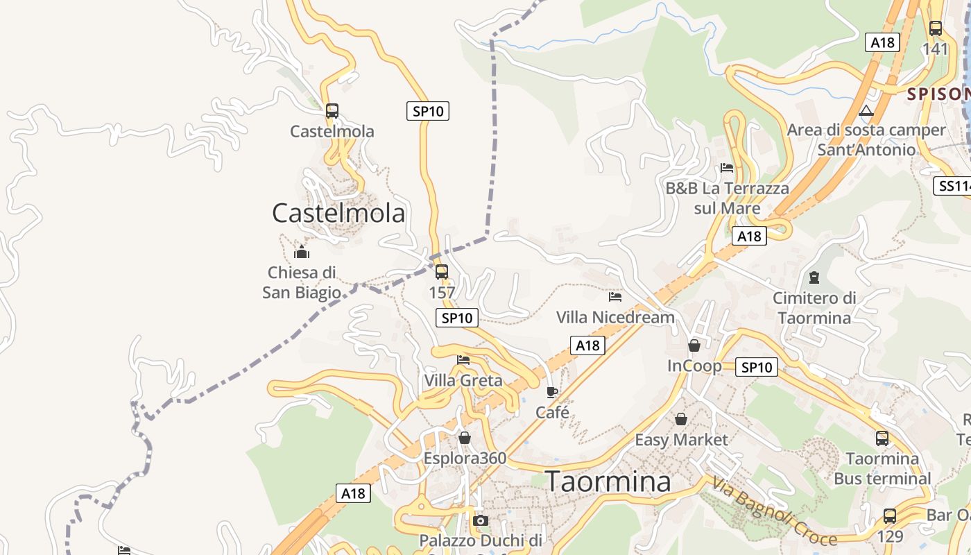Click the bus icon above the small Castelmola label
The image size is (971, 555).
point(332,110)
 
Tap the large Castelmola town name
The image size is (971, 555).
point(338,213)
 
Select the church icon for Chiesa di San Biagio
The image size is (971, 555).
point(302,251)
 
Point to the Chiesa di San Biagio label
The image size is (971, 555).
point(302,282)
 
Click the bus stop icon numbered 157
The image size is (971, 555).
point(442,271)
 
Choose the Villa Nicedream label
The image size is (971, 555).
point(615,317)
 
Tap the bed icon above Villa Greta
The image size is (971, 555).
point(463,360)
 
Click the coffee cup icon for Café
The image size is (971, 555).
point(552,392)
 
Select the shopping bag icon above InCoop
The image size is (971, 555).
point(694,345)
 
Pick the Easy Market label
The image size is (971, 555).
point(682,440)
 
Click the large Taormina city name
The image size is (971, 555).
point(608,481)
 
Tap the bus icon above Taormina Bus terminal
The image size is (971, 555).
point(882,438)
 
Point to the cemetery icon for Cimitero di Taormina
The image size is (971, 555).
point(814,277)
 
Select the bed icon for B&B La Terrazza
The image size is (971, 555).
point(727,168)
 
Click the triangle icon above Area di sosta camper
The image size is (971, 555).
point(866,110)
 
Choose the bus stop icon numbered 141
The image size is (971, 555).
point(936,28)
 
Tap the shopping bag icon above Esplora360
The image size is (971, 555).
point(465,438)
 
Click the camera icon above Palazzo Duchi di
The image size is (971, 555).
point(480,520)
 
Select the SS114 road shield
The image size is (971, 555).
point(954,186)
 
